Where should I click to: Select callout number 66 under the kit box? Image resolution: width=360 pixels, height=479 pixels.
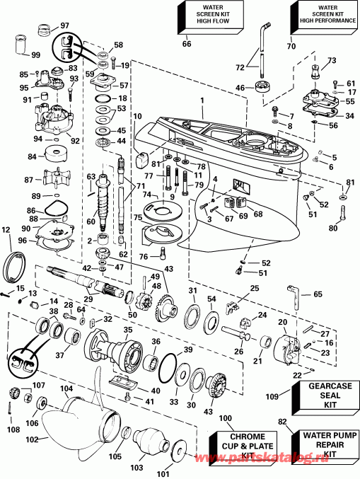tap(187, 44)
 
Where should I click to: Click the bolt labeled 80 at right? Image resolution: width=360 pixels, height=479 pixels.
tap(343, 211)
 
